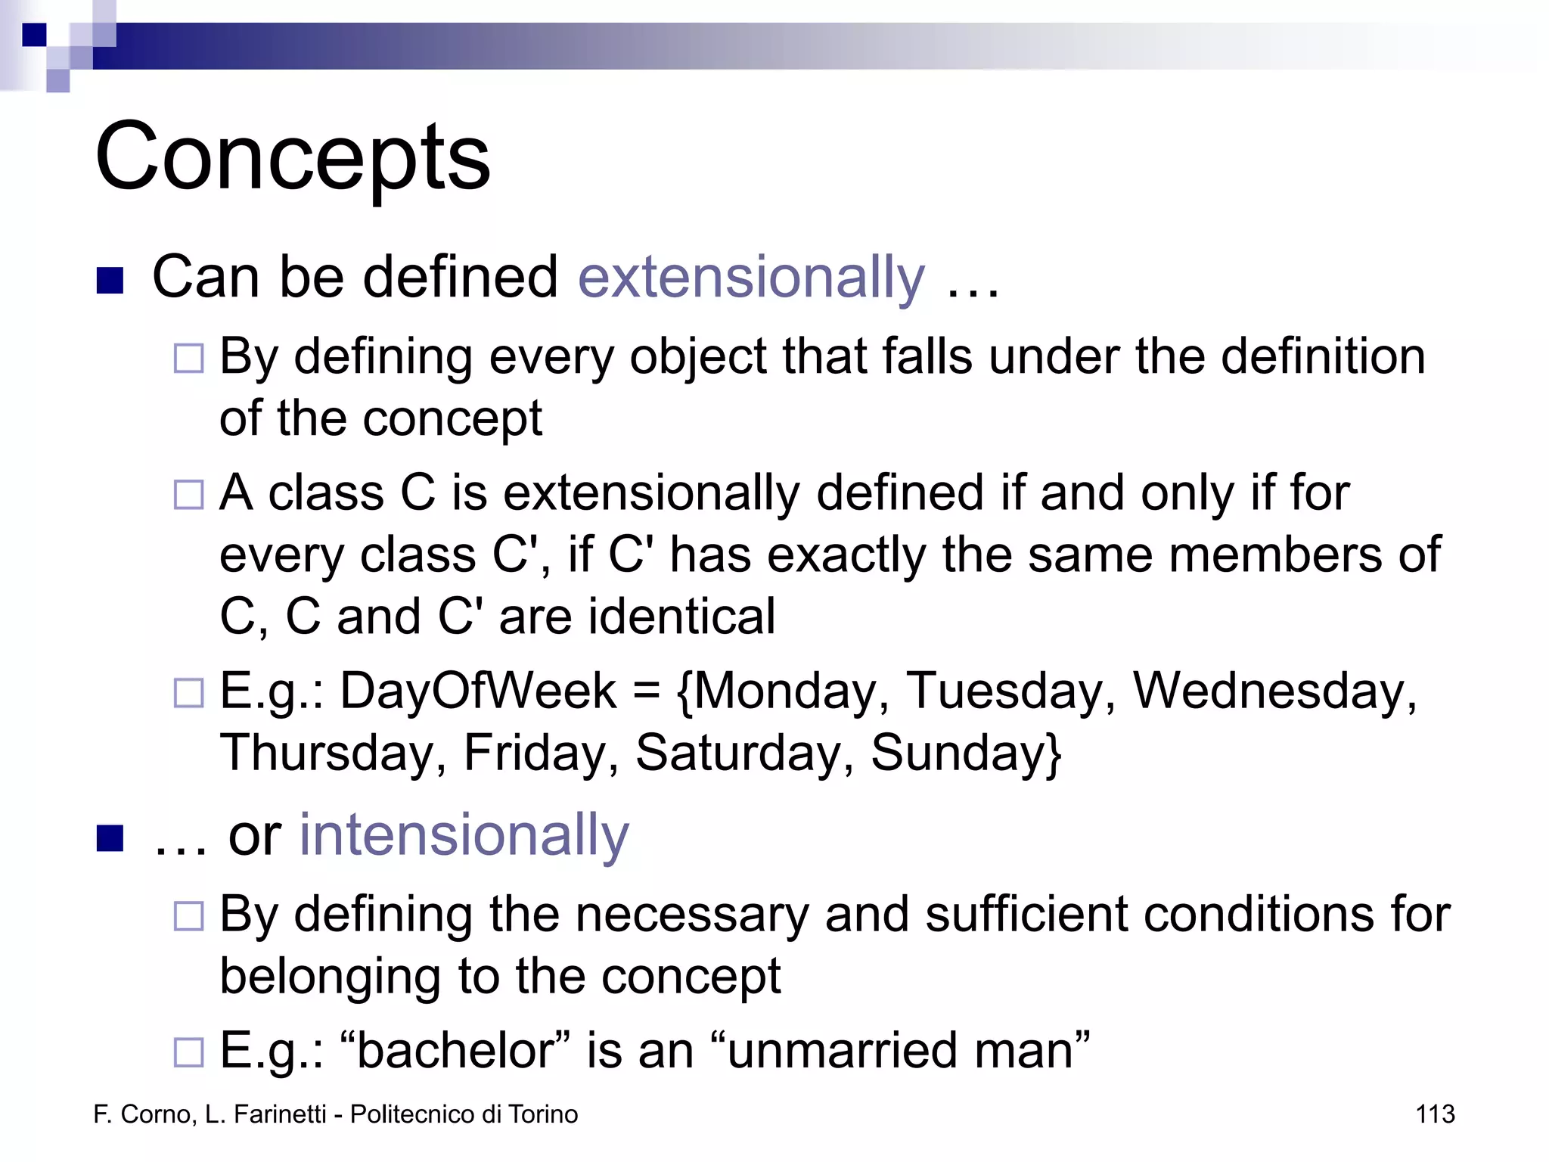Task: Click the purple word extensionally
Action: [751, 278]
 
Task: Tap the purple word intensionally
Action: [464, 835]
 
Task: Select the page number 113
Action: [1435, 1114]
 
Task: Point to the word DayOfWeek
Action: [478, 691]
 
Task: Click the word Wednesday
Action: [1274, 691]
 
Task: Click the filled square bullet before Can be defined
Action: [110, 281]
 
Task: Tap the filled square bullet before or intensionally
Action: [110, 838]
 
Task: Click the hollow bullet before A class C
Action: [189, 496]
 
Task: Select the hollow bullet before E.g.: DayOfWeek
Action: [189, 693]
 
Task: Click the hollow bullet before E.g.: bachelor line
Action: [189, 1052]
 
